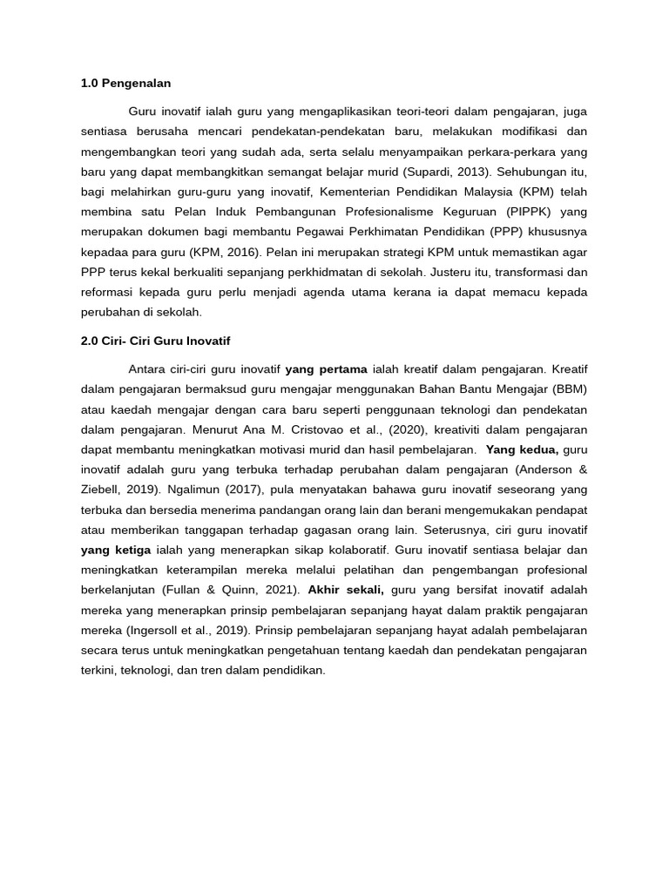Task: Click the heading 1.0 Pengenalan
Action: pos(125,84)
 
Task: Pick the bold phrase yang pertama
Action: pos(326,368)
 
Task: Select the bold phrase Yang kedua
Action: pos(522,449)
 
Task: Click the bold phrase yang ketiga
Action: pos(116,550)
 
